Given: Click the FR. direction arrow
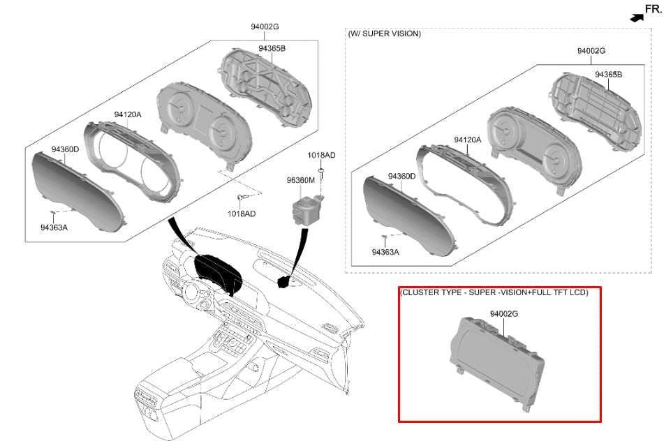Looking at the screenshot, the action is [637, 17].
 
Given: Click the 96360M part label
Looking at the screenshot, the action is [301, 180].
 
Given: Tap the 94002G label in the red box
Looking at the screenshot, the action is [504, 314].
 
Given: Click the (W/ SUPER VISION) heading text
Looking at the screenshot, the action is [385, 33].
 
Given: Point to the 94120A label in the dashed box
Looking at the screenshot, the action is [468, 140].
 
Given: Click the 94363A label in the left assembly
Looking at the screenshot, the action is [54, 227].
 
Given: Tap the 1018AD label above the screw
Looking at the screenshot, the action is [321, 155].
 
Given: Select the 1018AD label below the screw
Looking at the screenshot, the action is [242, 214].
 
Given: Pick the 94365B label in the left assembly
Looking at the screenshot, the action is [272, 48].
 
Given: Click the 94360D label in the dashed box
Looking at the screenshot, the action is [402, 176].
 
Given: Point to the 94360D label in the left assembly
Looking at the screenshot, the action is [65, 149].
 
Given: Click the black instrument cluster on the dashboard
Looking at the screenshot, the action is [217, 274].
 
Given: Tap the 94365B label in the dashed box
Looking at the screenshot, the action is [609, 75].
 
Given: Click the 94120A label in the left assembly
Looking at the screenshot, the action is [128, 114].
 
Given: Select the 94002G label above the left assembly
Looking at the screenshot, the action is [265, 27].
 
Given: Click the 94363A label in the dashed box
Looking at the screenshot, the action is [385, 252].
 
